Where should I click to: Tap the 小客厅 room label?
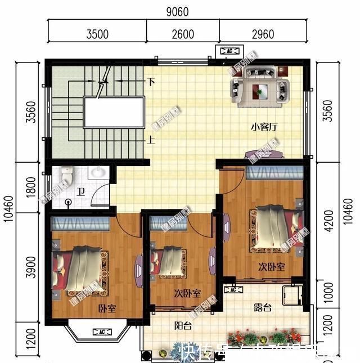click(264, 127)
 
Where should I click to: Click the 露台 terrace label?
click(262, 307)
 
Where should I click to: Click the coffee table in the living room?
click(260, 88)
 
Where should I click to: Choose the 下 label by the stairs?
click(151, 82)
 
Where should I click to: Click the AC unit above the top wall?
click(229, 51)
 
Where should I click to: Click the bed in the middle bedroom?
click(169, 262)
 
